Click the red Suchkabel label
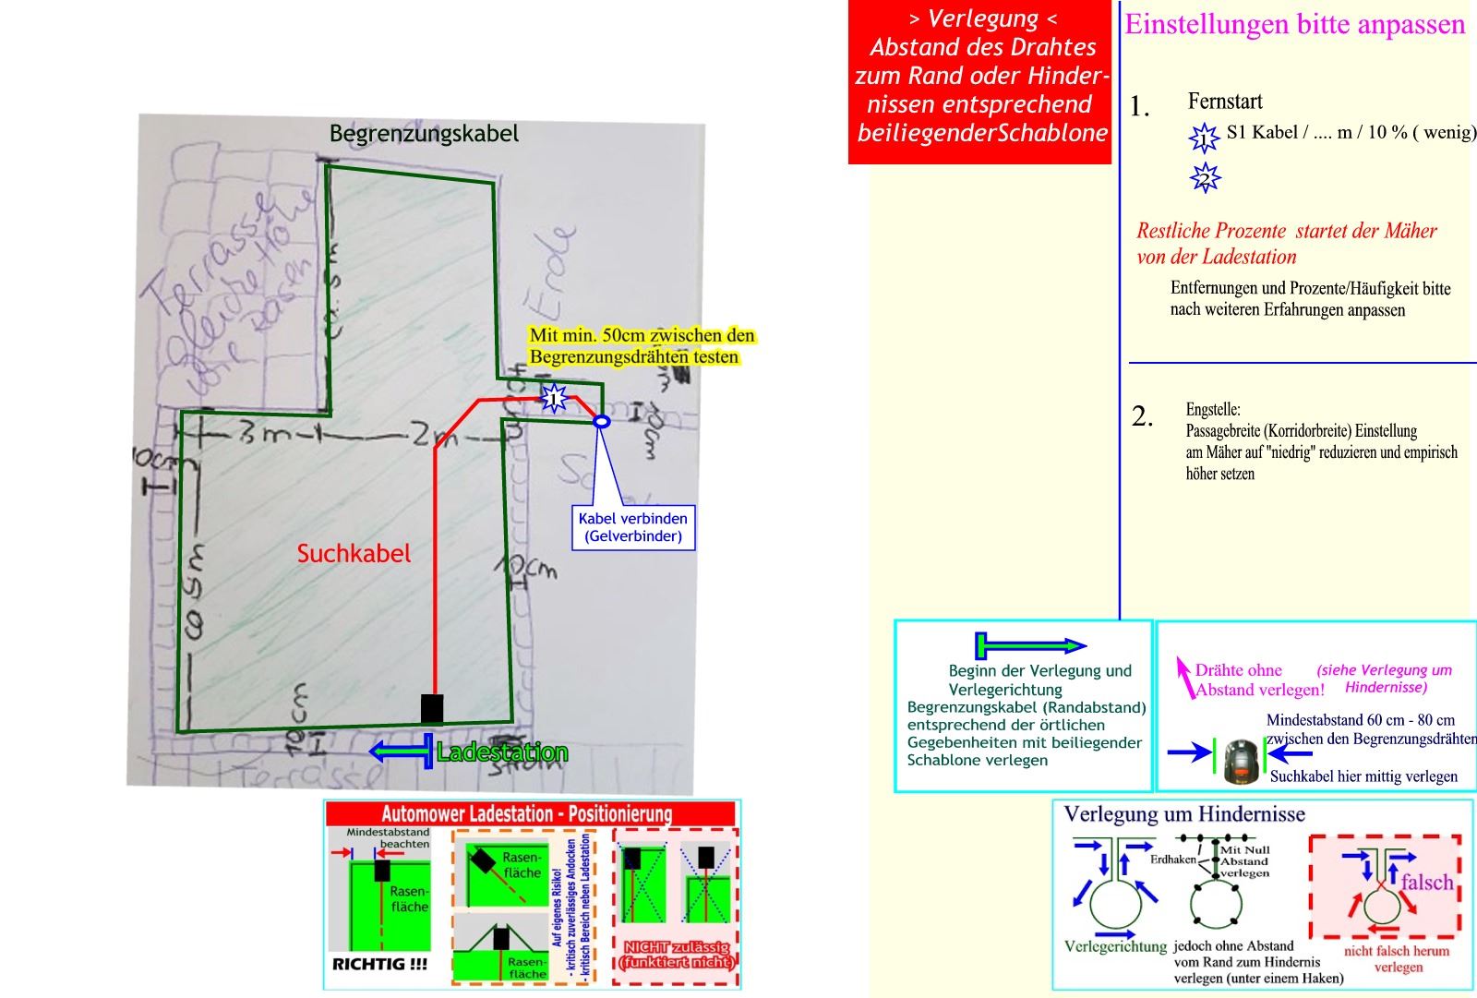coord(354,553)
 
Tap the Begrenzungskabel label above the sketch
coord(424,134)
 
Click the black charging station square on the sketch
coord(432,708)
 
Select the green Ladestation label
coord(501,752)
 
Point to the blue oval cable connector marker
coord(601,421)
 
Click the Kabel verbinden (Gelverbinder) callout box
coord(633,527)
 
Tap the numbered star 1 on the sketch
coord(554,398)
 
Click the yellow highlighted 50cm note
coord(642,345)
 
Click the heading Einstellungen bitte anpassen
coord(1294,24)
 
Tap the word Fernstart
coord(1225,102)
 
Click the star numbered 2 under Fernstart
coord(1205,177)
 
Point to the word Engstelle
coord(1213,409)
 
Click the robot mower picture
coord(1243,761)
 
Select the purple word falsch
coord(1426,882)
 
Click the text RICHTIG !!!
coord(379,964)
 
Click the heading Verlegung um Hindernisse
coord(1184,814)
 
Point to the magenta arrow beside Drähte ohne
coord(1184,677)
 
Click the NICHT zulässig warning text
coord(677,954)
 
